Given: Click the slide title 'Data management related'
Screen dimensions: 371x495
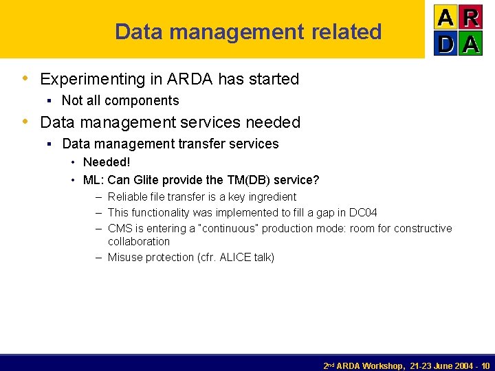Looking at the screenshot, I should coord(248,32).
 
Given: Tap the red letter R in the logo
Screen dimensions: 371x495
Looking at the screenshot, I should coord(470,17).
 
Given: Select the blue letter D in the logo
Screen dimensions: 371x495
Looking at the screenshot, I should coord(445,43).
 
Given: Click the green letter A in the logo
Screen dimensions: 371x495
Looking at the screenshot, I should coord(470,43).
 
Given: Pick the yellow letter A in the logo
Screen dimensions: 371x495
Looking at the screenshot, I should coord(445,17).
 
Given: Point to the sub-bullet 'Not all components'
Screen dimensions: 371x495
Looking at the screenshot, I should coord(120,100).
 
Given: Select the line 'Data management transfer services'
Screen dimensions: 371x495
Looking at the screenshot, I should coord(170,144).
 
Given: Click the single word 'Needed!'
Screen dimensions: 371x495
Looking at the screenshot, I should coord(107,162).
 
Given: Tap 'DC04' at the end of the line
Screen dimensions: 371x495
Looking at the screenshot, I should coord(364,213).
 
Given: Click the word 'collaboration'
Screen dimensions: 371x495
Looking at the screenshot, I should coord(139,241).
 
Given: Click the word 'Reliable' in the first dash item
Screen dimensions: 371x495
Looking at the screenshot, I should coord(128,197).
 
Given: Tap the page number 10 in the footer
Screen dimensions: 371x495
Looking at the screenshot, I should coord(485,366).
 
